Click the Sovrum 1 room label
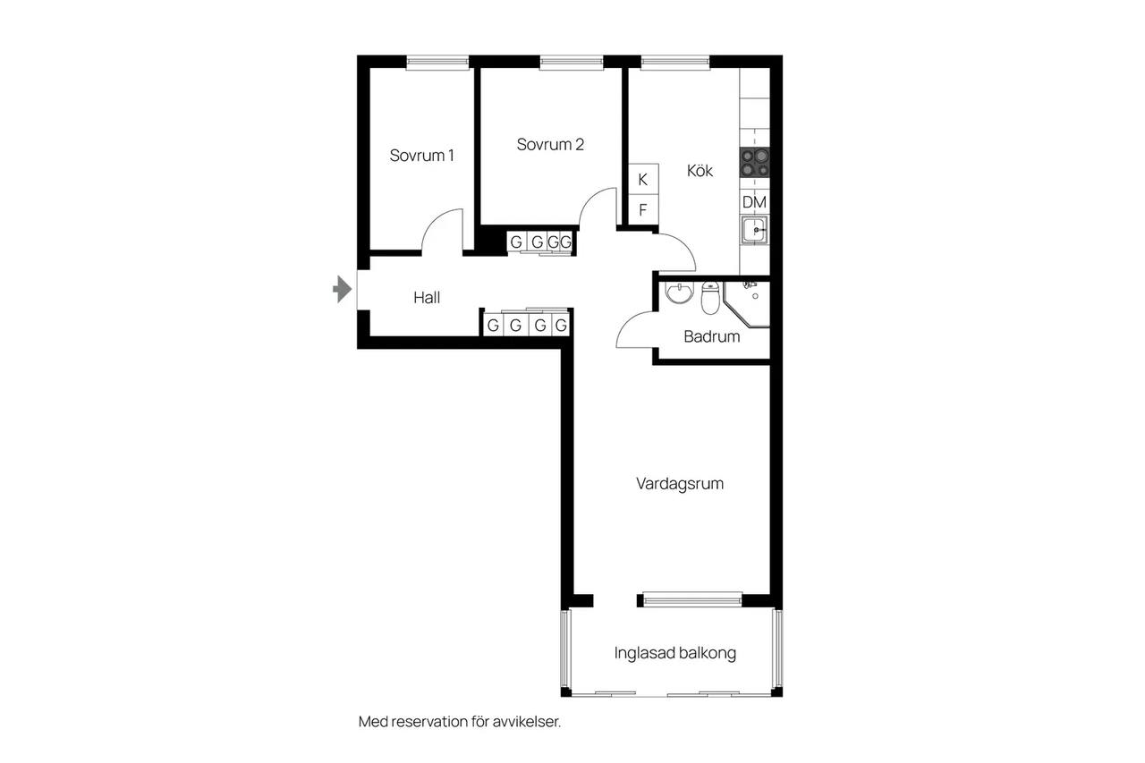tap(421, 156)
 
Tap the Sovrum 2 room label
tap(550, 145)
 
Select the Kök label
tap(700, 171)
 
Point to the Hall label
tap(427, 298)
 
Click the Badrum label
tap(711, 336)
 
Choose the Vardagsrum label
tap(680, 483)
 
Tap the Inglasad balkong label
tap(675, 653)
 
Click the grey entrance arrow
tap(343, 289)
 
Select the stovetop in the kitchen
tap(754, 163)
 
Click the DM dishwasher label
tap(754, 202)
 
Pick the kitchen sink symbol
tap(754, 231)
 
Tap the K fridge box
tap(643, 179)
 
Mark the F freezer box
tap(643, 209)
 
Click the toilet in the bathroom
tap(710, 298)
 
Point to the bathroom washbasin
tap(679, 292)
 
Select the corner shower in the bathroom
tap(747, 303)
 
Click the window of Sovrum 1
tap(437, 63)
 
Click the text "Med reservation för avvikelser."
tap(460, 722)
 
